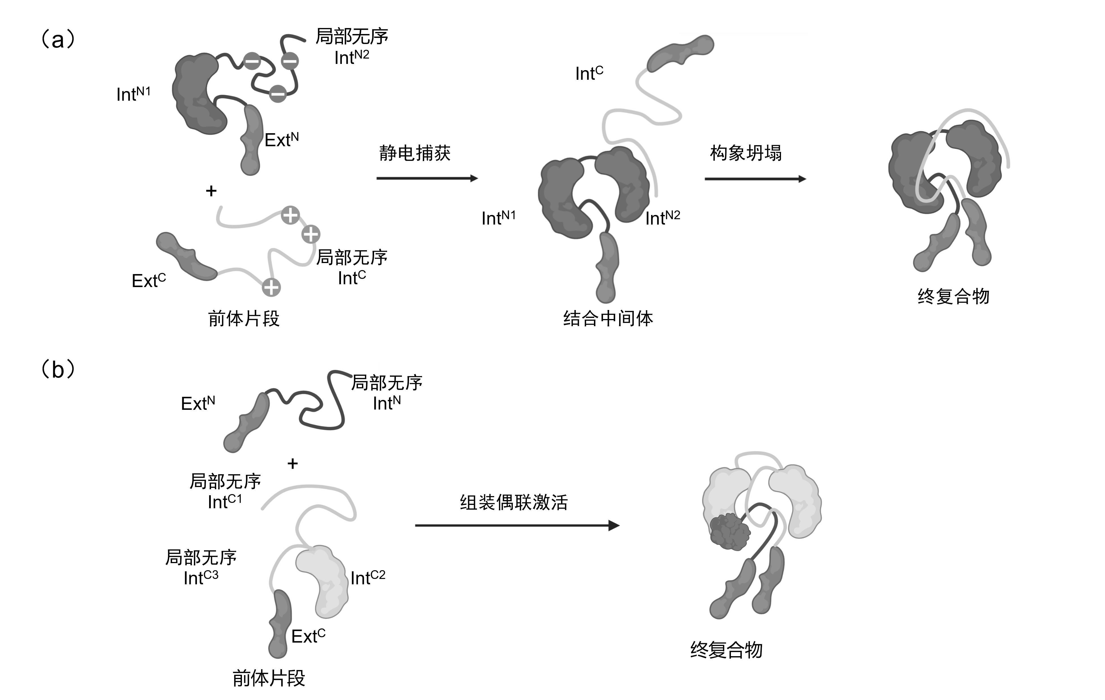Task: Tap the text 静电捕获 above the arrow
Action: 415,153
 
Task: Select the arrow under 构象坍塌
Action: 755,179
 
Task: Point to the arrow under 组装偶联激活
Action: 517,525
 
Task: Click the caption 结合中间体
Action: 608,318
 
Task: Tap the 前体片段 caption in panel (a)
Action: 244,318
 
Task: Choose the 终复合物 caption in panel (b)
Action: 726,650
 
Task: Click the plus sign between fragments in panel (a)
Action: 211,191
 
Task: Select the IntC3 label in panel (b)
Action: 201,578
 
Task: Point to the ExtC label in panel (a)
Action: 149,280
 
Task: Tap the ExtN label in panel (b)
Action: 198,403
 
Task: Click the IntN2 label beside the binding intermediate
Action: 663,218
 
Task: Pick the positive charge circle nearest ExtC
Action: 271,288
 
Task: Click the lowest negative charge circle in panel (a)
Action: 278,94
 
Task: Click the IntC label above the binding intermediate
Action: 589,73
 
